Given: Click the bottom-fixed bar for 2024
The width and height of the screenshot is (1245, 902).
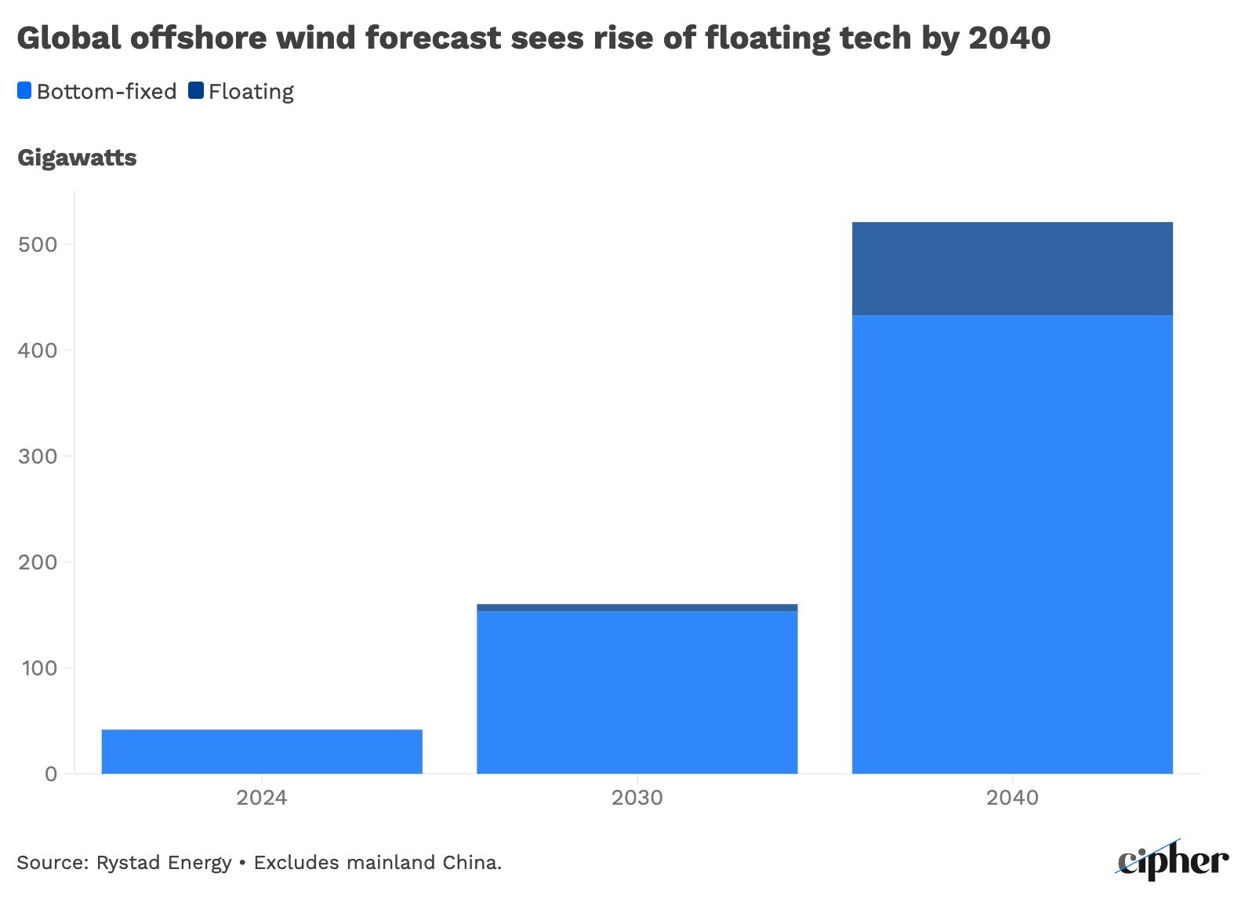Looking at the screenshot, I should click(262, 751).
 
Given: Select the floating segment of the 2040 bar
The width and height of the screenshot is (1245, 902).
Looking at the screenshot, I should click(1012, 269).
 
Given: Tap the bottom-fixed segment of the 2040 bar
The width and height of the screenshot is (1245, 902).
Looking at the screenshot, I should click(1012, 544).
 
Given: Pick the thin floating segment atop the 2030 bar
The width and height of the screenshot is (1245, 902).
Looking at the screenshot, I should click(637, 608).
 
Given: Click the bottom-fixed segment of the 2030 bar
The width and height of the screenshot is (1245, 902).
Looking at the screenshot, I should click(637, 692).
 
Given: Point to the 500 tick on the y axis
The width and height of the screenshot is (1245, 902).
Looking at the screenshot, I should click(38, 245).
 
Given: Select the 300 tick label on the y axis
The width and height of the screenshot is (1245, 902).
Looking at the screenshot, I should click(38, 456).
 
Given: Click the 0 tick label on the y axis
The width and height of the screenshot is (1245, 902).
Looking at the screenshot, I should click(51, 774).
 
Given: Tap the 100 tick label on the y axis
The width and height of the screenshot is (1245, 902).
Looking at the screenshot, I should click(38, 668).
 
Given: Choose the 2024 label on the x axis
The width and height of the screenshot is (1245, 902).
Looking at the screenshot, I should click(262, 798).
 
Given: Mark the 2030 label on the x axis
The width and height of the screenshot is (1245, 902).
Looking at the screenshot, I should click(637, 798).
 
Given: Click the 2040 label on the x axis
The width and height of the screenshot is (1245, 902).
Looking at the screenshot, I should click(1012, 798).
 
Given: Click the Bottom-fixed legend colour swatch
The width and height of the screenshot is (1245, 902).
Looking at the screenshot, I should click(24, 91).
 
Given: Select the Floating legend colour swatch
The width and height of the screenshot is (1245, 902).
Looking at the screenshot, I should click(195, 91).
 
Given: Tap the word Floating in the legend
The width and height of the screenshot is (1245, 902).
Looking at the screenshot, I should click(251, 92).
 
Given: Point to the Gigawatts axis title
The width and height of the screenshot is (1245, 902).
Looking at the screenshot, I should click(77, 158).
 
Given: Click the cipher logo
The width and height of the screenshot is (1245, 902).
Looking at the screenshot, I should click(1173, 860).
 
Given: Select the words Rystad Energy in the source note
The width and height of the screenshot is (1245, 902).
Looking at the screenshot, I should click(163, 863).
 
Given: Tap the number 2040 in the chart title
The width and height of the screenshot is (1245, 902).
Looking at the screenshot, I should click(1009, 38).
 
